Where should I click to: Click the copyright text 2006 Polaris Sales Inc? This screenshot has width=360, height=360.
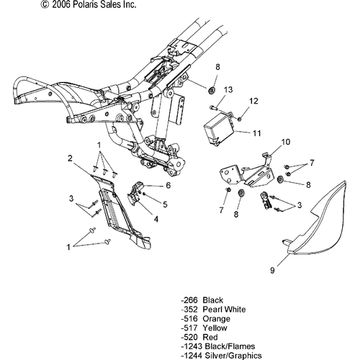(48, 5)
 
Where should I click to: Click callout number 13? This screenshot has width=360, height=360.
(228, 89)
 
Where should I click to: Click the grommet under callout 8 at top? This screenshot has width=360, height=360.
(214, 91)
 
